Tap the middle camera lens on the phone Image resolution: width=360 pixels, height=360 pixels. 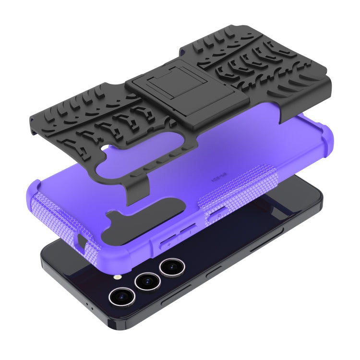click(x=147, y=281)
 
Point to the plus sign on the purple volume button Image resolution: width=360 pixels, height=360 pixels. click(x=169, y=244)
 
